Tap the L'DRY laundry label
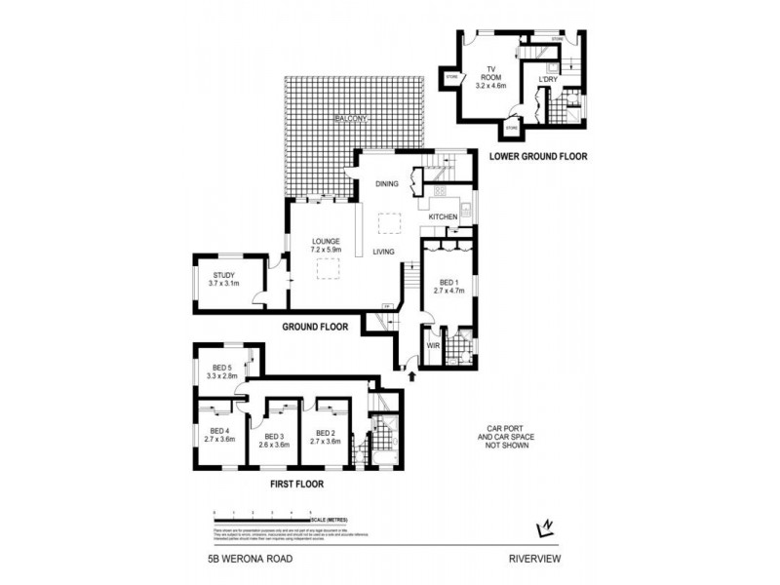[549, 81]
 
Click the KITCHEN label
[444, 216]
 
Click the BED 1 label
[448, 285]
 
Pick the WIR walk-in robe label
[433, 345]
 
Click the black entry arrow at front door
[409, 372]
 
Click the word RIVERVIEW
[536, 559]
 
